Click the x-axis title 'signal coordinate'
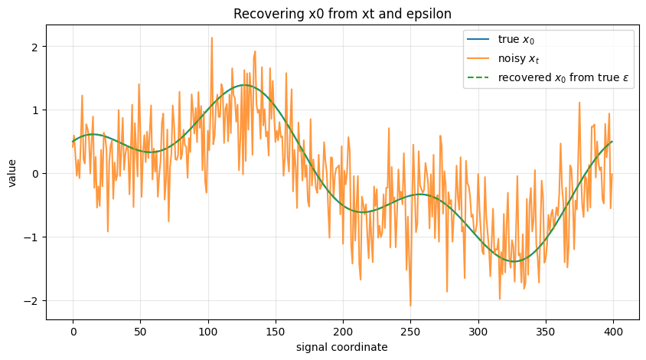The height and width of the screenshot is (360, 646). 343,347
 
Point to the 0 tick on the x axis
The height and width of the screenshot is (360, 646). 73,332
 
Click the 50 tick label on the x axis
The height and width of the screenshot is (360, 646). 141,332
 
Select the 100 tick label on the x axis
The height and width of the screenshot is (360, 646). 208,332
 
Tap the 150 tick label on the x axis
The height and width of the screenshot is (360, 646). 276,332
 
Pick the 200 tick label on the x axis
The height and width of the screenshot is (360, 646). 343,332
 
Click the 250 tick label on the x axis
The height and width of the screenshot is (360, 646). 410,332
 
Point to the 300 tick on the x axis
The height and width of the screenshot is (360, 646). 478,332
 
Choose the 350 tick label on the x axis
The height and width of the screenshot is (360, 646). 546,332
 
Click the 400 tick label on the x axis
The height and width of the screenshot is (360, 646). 613,332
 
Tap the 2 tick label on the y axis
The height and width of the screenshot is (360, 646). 34,46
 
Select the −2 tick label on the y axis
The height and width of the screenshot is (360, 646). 31,300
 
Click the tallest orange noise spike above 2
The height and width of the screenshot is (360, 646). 211,38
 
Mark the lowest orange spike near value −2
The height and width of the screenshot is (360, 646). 410,306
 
